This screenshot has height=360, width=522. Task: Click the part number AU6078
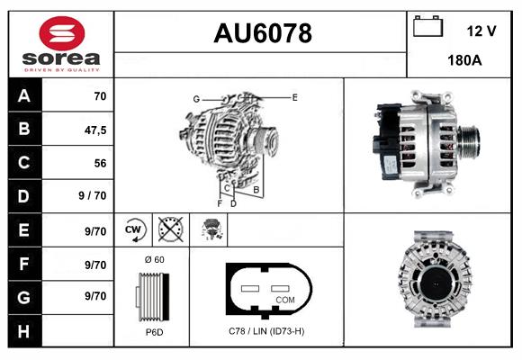(262, 34)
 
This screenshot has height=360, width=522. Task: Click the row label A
(24, 96)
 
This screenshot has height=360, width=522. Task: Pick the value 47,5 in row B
(95, 130)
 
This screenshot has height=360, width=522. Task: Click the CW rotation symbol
(135, 230)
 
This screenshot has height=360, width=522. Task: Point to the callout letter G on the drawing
(195, 98)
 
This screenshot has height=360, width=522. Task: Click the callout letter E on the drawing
(294, 96)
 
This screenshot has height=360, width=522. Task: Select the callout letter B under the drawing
(256, 190)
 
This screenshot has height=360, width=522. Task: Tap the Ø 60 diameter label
(154, 259)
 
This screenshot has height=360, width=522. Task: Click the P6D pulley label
(153, 332)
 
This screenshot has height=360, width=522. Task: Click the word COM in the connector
(284, 299)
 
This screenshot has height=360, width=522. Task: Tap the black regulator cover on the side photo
(385, 144)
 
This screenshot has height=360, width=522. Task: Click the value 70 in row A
(100, 96)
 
